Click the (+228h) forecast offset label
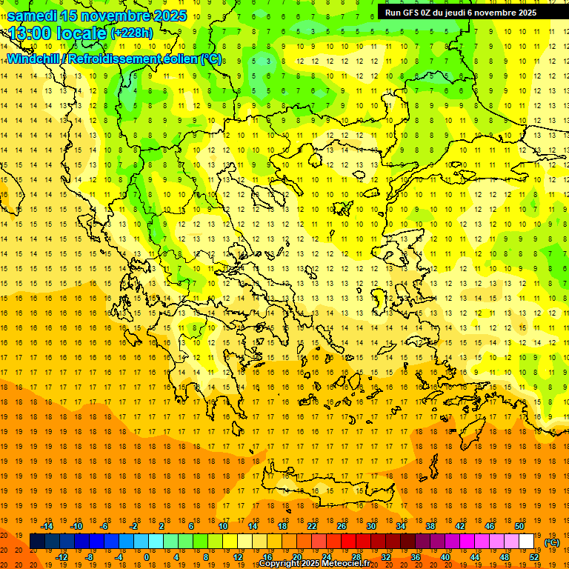[131, 33]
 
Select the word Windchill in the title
[32, 58]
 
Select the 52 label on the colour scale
[534, 556]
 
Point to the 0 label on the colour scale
[146, 556]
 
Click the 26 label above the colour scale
[342, 525]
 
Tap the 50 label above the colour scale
[519, 525]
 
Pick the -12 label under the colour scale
[61, 556]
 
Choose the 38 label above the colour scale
[430, 525]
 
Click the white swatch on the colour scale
[527, 542]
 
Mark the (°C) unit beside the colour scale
[552, 542]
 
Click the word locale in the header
[82, 33]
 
